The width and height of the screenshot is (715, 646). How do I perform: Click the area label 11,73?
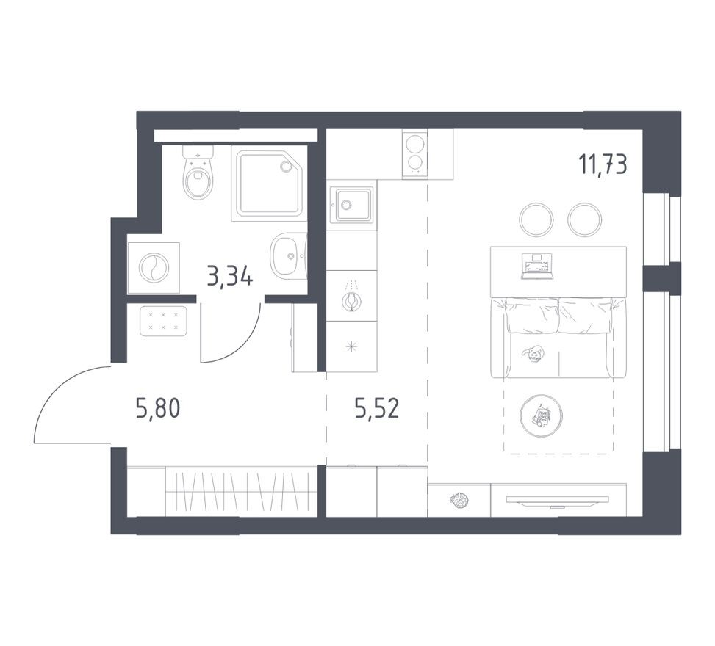tap(603, 165)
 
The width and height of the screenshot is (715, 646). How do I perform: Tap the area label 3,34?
tap(230, 277)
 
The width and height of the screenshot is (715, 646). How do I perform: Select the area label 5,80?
tap(157, 407)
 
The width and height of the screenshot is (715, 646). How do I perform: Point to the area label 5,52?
tap(376, 407)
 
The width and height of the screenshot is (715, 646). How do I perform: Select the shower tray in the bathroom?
tap(267, 184)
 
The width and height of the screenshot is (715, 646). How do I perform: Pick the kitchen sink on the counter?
tap(351, 204)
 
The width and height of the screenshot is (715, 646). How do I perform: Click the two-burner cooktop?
tap(415, 154)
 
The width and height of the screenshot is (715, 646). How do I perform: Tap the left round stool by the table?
tap(536, 219)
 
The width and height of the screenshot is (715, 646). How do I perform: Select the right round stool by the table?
tap(585, 219)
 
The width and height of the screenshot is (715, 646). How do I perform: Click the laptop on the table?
tap(536, 266)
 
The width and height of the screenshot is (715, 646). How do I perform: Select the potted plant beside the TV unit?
tap(459, 500)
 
